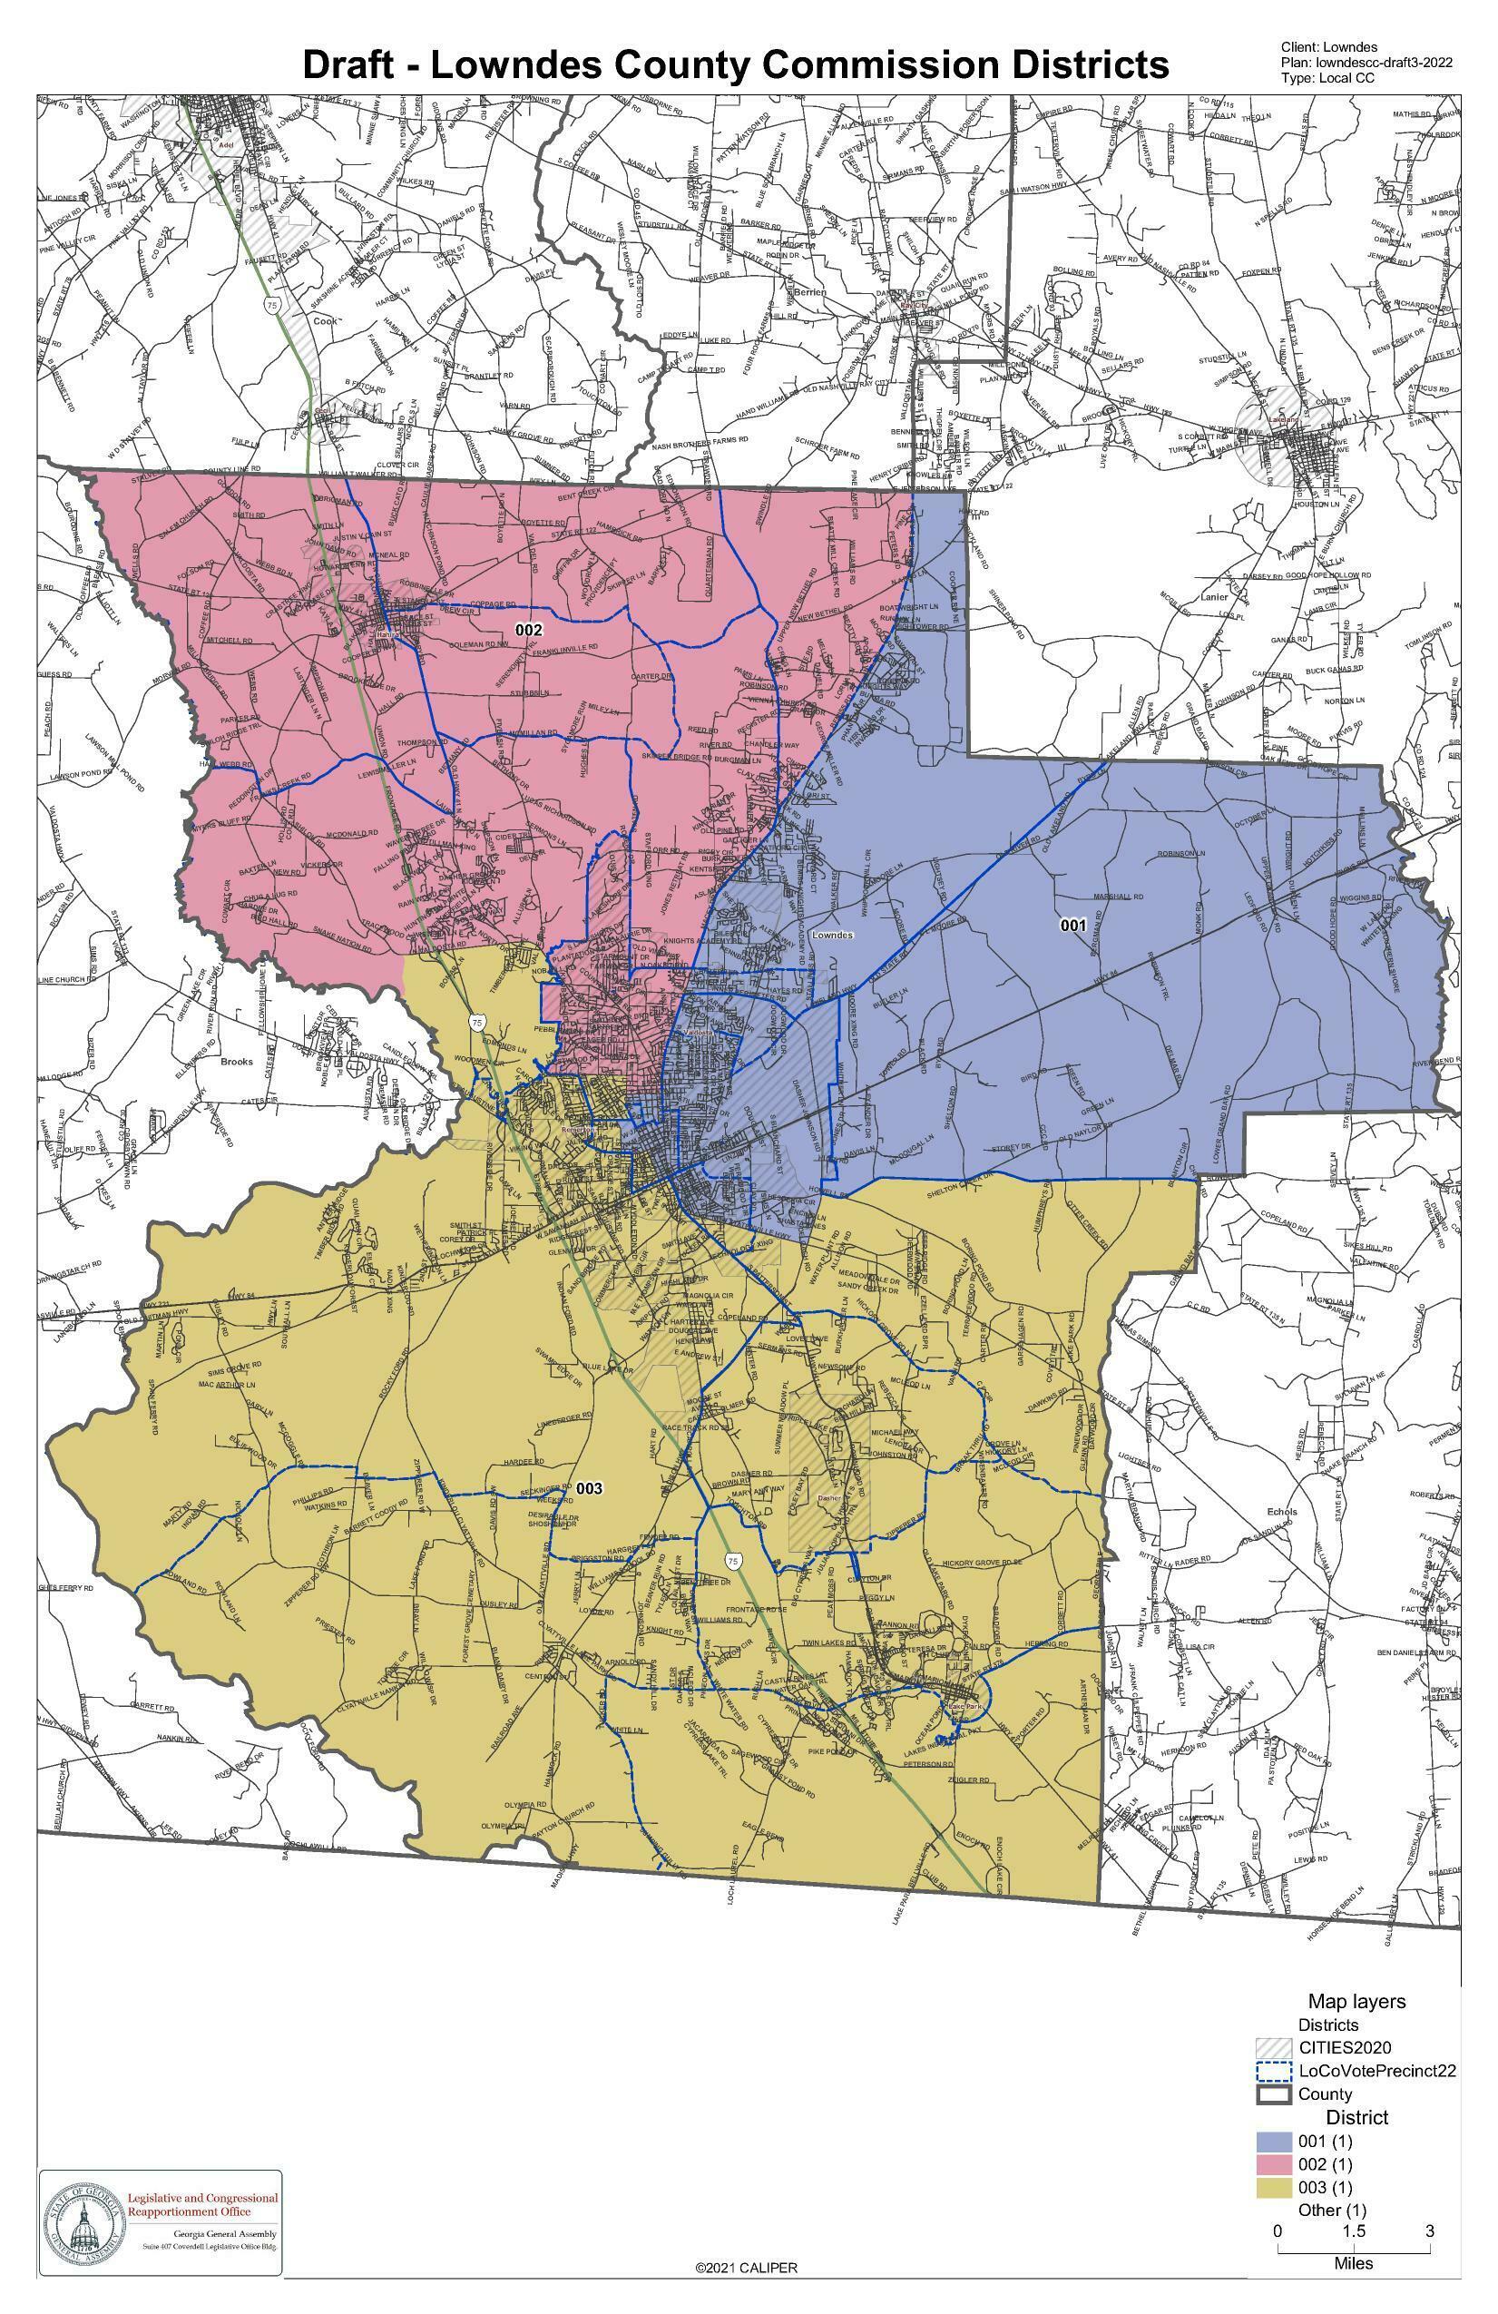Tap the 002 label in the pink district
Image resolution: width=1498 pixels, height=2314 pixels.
[529, 630]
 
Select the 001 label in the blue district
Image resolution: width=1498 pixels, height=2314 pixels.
[1072, 926]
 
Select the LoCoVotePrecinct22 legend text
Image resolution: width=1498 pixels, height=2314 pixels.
[1376, 2071]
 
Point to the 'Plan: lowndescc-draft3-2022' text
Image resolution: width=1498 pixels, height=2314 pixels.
[1366, 63]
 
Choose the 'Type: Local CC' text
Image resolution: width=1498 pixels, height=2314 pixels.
[1328, 78]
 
